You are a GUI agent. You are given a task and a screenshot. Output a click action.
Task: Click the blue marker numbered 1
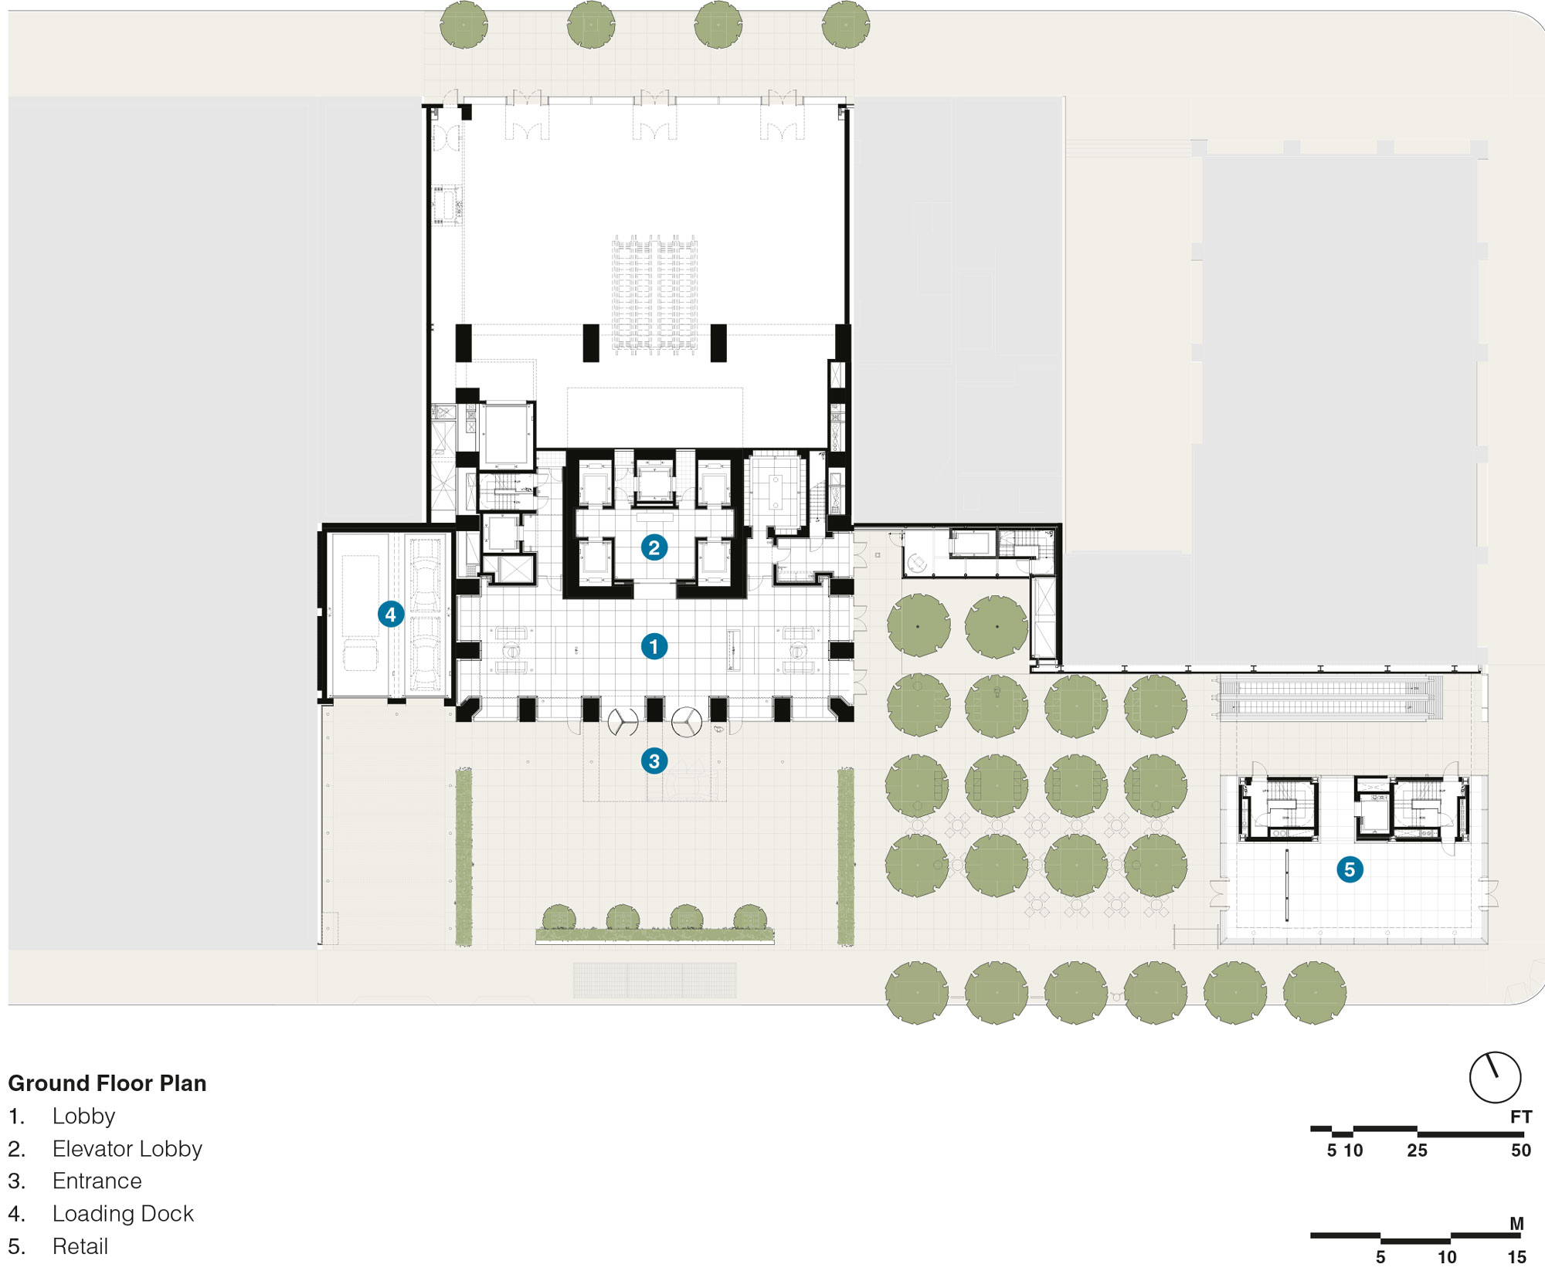[x=654, y=646]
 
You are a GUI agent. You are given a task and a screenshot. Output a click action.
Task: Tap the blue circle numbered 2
[x=654, y=547]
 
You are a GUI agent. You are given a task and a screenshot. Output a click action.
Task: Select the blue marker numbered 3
[x=654, y=761]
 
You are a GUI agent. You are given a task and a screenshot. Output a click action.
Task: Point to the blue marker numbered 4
[x=391, y=615]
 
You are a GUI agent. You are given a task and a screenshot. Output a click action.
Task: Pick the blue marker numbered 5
[x=1350, y=869]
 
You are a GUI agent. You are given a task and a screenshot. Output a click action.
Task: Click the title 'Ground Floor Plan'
[x=107, y=1083]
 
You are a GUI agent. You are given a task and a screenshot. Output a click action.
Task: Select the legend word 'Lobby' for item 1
[x=83, y=1116]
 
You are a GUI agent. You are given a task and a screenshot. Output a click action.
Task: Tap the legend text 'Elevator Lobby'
[x=127, y=1149]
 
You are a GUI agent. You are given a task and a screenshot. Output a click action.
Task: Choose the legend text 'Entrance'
[x=97, y=1181]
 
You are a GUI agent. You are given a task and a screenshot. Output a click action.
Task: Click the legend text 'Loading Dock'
[x=123, y=1214]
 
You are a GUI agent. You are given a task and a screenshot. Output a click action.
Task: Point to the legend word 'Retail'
[x=80, y=1246]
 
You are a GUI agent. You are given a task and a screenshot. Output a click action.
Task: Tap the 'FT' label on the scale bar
[x=1521, y=1116]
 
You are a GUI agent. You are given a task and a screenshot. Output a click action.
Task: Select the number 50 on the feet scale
[x=1521, y=1150]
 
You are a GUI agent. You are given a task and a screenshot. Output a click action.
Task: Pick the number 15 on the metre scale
[x=1516, y=1257]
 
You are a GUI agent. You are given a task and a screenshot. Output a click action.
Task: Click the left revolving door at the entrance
[x=623, y=722]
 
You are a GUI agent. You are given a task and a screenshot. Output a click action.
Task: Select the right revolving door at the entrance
[x=686, y=722]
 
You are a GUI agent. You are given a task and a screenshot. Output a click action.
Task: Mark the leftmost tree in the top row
[x=463, y=25]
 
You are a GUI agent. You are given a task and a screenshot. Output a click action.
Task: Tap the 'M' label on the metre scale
[x=1517, y=1224]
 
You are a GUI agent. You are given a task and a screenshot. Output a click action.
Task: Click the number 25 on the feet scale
[x=1417, y=1150]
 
